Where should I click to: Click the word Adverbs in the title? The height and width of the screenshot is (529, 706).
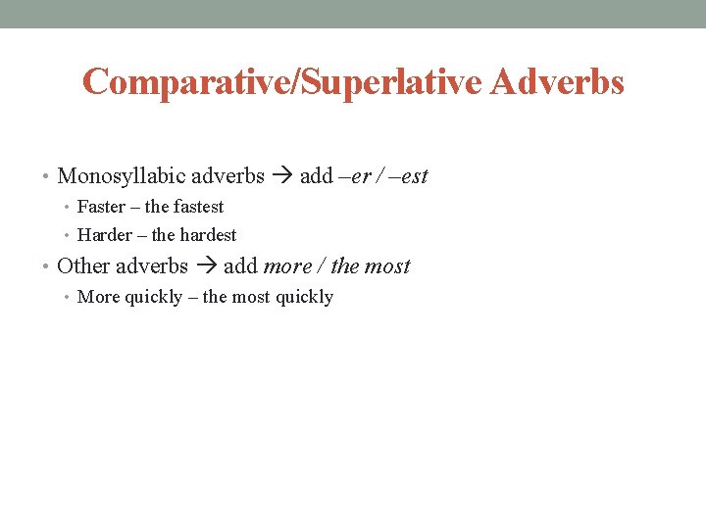pos(557,82)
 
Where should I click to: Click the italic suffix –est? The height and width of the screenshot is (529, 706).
pos(411,177)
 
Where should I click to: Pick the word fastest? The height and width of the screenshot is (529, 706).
pos(199,207)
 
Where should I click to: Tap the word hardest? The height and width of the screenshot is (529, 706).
pos(208,235)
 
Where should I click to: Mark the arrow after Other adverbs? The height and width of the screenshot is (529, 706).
pos(206,266)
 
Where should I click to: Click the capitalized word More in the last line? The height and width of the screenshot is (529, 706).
pos(97,297)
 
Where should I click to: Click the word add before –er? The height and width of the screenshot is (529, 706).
pos(316,177)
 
